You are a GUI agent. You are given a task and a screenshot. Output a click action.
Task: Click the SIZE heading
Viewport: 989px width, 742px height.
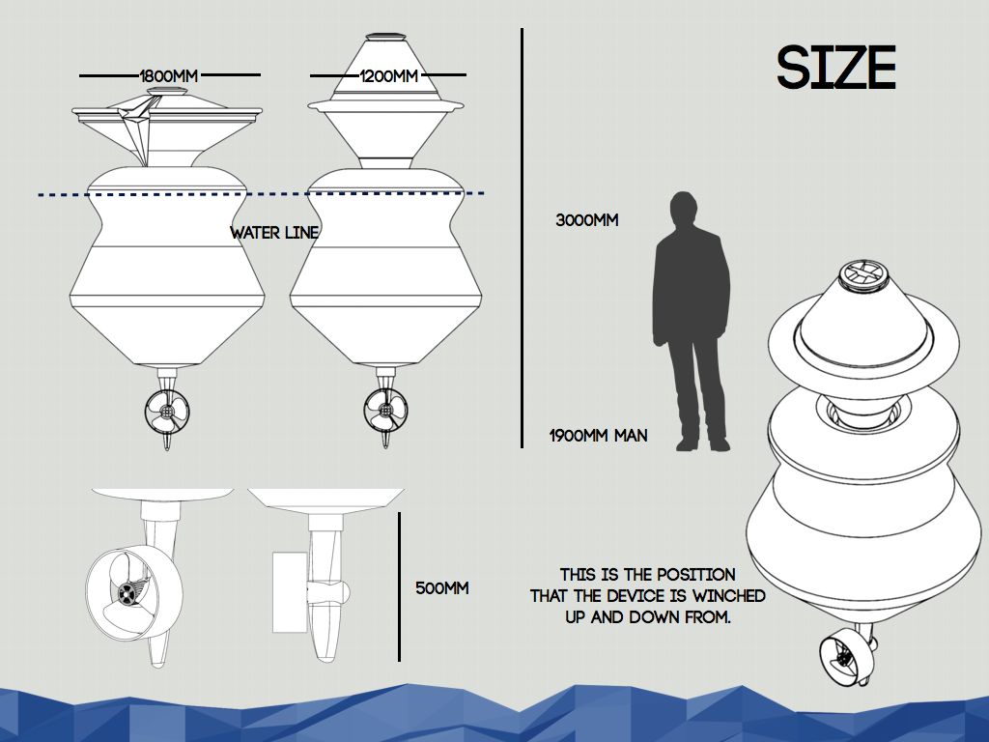click(836, 69)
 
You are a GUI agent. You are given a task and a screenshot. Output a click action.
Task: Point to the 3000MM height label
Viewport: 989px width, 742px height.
click(587, 220)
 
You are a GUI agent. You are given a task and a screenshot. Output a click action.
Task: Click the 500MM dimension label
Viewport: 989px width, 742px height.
click(442, 587)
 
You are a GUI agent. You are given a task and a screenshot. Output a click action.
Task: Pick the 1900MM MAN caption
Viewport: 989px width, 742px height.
click(599, 436)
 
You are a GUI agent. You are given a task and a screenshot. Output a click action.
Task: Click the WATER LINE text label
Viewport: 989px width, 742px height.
click(274, 233)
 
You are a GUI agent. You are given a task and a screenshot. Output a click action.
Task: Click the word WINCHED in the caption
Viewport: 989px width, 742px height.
click(729, 595)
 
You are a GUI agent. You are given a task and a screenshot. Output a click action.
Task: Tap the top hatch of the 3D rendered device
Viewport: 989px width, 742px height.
click(862, 273)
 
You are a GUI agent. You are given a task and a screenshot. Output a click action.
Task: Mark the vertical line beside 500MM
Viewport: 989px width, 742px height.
click(400, 586)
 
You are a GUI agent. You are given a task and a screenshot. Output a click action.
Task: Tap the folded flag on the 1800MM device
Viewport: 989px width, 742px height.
click(136, 126)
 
